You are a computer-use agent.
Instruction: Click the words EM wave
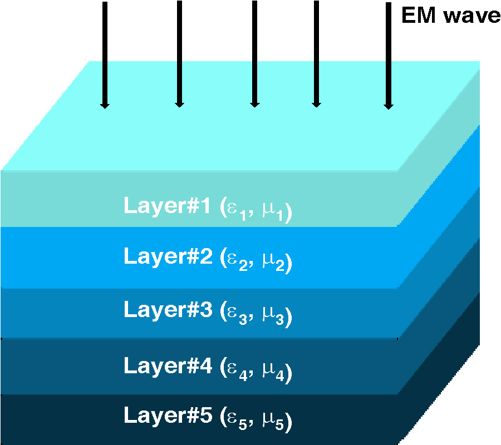pos(450,16)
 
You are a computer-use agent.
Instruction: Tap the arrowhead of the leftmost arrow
pos(104,104)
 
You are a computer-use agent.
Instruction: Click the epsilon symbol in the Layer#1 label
pos(230,209)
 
